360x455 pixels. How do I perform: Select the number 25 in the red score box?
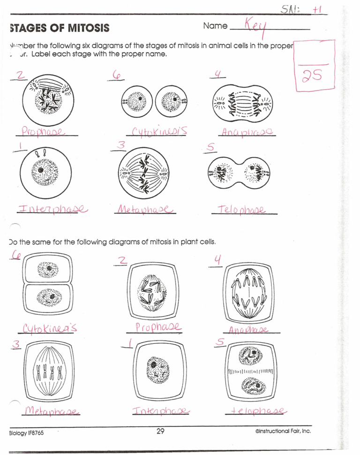click(x=313, y=76)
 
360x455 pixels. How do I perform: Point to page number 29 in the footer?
click(x=160, y=432)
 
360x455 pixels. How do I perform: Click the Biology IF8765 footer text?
click(x=27, y=432)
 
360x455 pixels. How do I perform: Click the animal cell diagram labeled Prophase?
click(x=46, y=99)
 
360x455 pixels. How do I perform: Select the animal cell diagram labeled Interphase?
click(x=46, y=171)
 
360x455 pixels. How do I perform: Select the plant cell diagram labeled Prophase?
click(x=153, y=290)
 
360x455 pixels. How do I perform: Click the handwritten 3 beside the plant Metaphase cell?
click(x=16, y=345)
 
